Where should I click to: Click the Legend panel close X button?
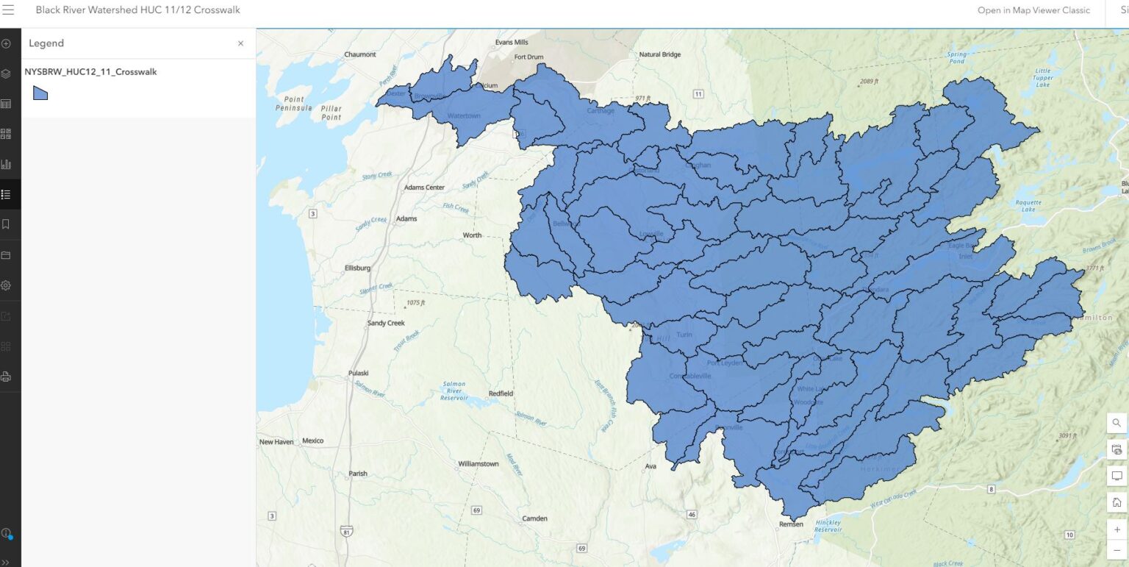pyautogui.click(x=240, y=43)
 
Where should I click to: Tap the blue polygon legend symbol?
pyautogui.click(x=40, y=93)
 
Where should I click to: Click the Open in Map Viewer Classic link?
pyautogui.click(x=1033, y=10)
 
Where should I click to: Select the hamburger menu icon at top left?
pyautogui.click(x=9, y=10)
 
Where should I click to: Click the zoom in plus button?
pyautogui.click(x=1117, y=529)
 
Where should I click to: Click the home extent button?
pyautogui.click(x=1117, y=502)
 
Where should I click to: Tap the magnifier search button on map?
pyautogui.click(x=1117, y=423)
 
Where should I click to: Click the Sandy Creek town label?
pyautogui.click(x=386, y=323)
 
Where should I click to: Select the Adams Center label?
pyautogui.click(x=424, y=188)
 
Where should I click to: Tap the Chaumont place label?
pyautogui.click(x=360, y=54)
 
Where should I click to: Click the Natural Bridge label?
pyautogui.click(x=660, y=54)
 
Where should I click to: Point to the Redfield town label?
pyautogui.click(x=501, y=393)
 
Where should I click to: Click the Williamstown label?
pyautogui.click(x=478, y=464)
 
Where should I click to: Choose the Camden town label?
pyautogui.click(x=534, y=518)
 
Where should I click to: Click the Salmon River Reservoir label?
pyautogui.click(x=454, y=391)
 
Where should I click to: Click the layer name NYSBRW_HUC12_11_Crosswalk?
pyautogui.click(x=90, y=72)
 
